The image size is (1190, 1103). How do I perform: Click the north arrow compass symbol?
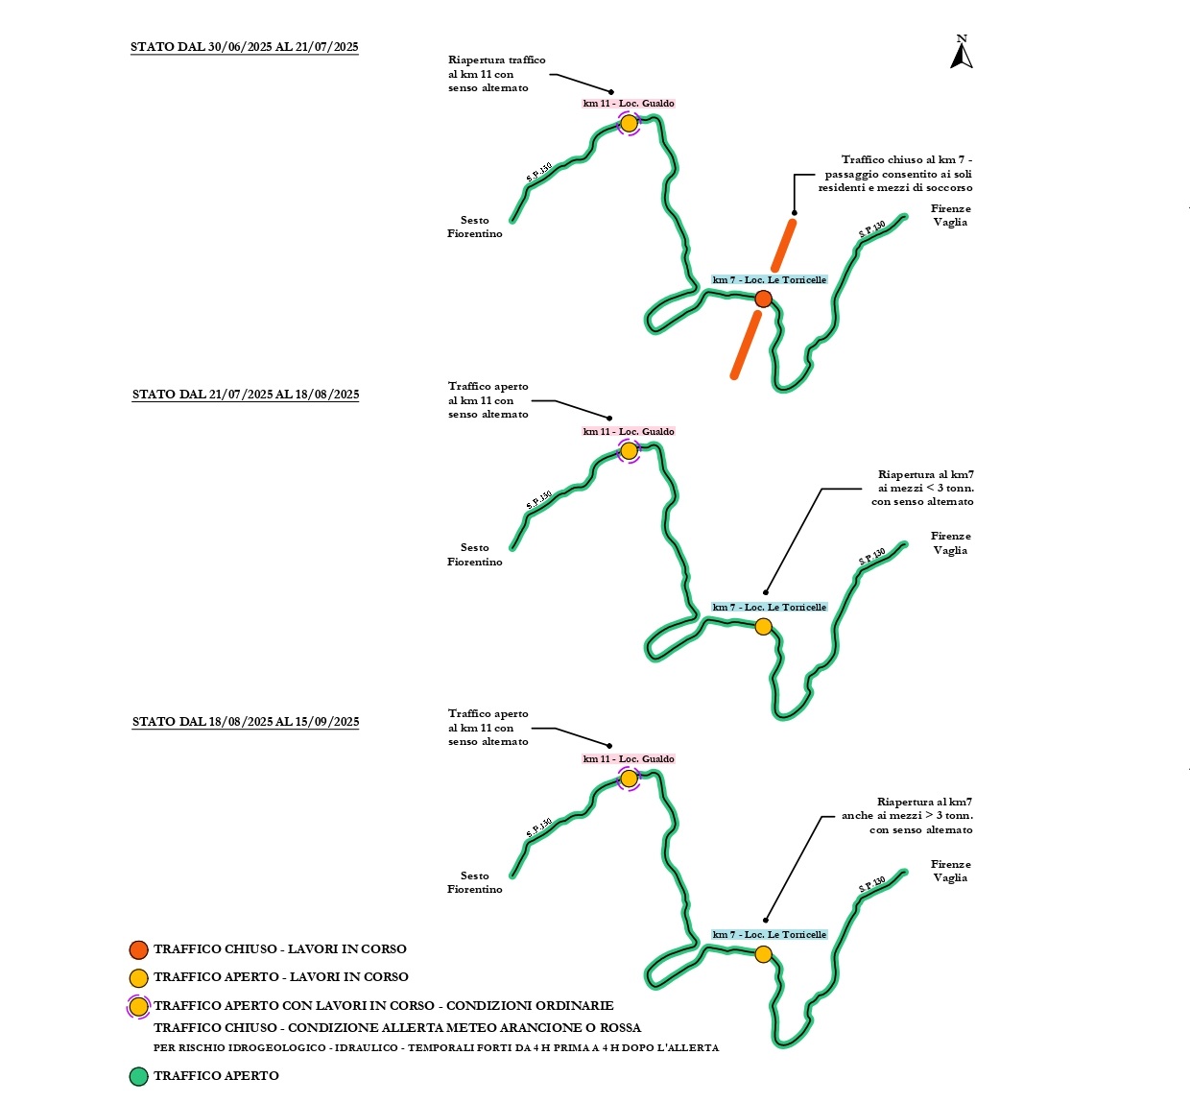962,54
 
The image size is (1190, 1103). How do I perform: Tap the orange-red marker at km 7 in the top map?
763,299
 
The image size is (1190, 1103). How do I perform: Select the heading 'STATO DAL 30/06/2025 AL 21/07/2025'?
245,47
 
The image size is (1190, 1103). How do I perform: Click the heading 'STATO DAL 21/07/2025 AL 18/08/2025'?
246,395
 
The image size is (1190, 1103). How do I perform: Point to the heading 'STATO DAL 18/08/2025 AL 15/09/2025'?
246,722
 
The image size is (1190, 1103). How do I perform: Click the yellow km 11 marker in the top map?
629,123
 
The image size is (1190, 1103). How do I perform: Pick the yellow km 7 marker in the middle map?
763,627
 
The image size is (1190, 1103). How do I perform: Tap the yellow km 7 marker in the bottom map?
763,954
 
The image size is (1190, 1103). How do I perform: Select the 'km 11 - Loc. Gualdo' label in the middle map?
629,432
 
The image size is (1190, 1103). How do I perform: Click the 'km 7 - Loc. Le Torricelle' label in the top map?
769,280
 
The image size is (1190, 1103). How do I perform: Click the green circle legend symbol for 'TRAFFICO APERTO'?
139,1076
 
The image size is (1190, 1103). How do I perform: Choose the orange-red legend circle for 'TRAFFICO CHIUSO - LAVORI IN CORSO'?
139,949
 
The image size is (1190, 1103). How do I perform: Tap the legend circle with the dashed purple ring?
139,1006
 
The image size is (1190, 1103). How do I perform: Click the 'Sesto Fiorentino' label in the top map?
475,227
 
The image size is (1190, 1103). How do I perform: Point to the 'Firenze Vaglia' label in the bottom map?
950,871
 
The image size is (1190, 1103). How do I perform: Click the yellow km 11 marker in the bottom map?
629,779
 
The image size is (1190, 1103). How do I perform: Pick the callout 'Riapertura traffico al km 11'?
496,74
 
